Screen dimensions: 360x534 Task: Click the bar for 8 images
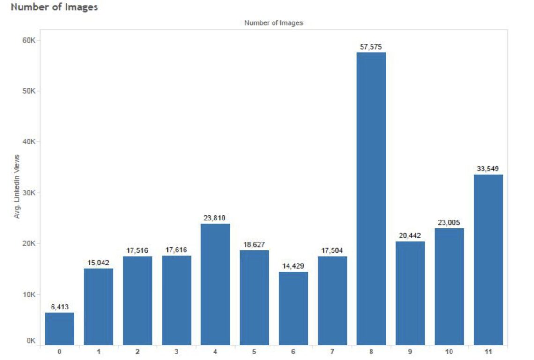click(x=371, y=198)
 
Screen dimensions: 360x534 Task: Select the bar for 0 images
click(x=59, y=329)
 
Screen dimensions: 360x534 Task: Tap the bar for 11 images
click(x=488, y=260)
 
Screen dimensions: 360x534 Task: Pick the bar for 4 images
click(x=215, y=284)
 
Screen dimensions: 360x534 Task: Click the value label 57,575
click(x=371, y=47)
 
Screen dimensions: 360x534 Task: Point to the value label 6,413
click(x=59, y=307)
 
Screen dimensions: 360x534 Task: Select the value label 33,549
click(x=488, y=169)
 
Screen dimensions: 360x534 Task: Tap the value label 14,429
click(x=293, y=266)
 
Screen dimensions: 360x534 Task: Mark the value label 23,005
click(x=449, y=223)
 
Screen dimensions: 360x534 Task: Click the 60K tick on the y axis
click(x=30, y=41)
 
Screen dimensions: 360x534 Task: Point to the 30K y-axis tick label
click(x=30, y=193)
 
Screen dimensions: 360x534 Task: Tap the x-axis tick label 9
click(x=410, y=351)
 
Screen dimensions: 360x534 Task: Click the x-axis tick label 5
click(x=254, y=351)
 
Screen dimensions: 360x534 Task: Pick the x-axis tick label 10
click(x=449, y=351)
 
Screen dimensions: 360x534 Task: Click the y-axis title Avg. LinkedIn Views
click(x=17, y=186)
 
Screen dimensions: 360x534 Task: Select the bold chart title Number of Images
click(x=54, y=7)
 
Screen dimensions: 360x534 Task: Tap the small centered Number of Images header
click(x=274, y=23)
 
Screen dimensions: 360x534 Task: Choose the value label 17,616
click(x=177, y=250)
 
